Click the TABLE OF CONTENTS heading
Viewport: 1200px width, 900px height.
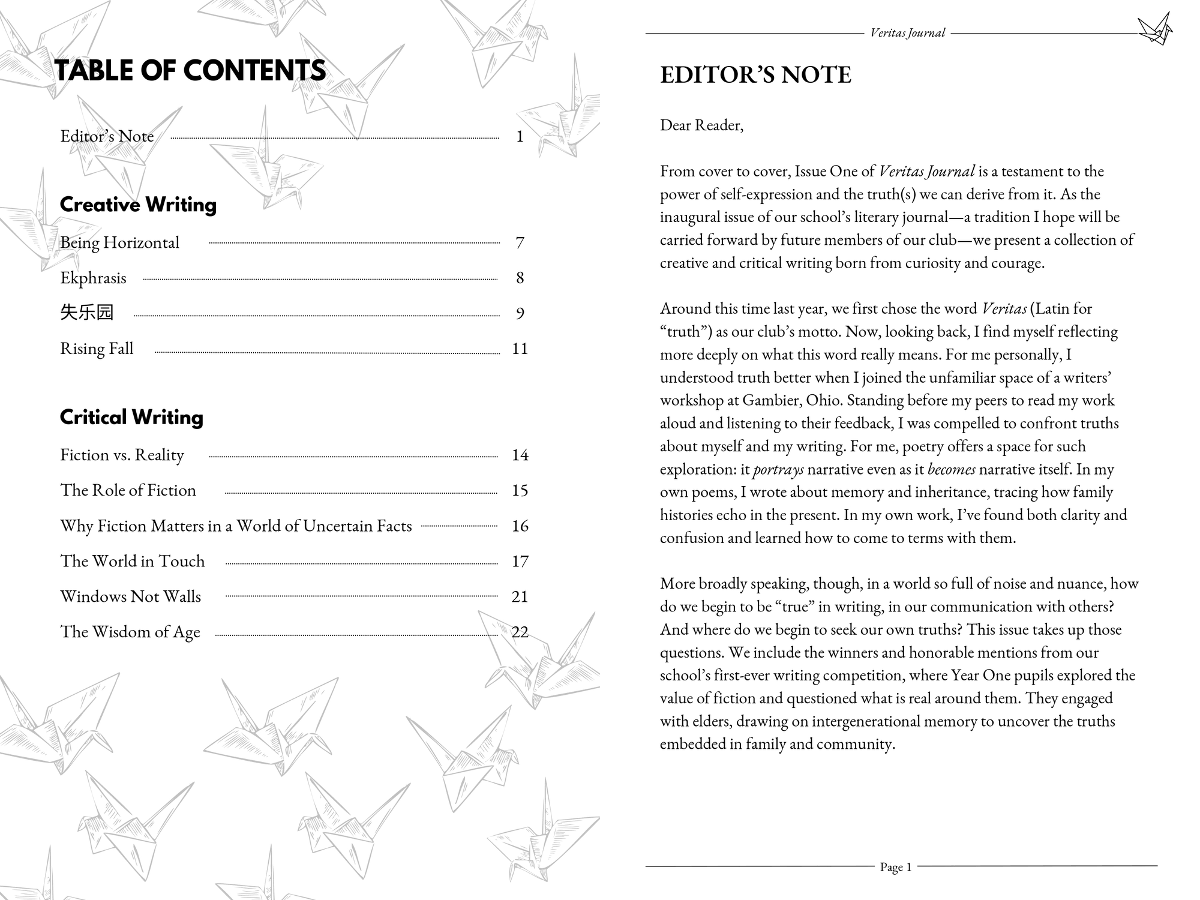[x=190, y=70]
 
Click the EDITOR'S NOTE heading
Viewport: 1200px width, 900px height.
[x=755, y=75]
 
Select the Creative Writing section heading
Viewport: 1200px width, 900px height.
[x=138, y=205]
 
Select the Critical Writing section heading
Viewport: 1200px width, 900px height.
[x=131, y=417]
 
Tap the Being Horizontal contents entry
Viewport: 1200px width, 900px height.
[x=119, y=242]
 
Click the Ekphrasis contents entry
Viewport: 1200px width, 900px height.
[x=93, y=278]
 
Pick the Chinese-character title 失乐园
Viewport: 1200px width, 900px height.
[x=86, y=313]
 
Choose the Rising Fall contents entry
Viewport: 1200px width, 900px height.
[x=97, y=349]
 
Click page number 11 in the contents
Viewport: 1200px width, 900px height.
[x=520, y=349]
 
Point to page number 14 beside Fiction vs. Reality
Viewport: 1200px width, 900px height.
[x=520, y=455]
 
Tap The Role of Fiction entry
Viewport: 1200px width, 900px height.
[x=128, y=490]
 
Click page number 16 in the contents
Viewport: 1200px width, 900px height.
[x=520, y=526]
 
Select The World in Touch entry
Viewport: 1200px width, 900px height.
[x=132, y=561]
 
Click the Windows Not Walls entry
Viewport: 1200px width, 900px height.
[x=130, y=596]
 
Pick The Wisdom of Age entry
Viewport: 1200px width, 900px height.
[x=130, y=632]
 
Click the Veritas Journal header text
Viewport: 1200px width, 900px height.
[x=907, y=33]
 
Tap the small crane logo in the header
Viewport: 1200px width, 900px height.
[x=1154, y=29]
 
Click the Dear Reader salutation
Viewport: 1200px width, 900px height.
[x=701, y=125]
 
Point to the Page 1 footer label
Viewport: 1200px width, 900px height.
[x=895, y=867]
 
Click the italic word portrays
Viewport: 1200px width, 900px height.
[x=778, y=469]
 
